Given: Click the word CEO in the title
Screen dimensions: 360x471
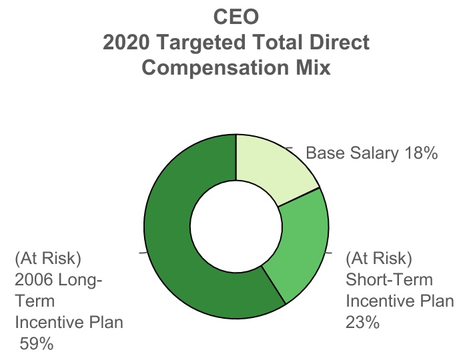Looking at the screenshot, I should point(235,16).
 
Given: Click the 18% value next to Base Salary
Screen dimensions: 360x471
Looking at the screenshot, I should point(421,153).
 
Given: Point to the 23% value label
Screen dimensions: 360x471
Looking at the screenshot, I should point(362,323).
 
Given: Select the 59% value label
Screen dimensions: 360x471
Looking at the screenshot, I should point(37,344).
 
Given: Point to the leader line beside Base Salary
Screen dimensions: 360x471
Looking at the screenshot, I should point(290,147).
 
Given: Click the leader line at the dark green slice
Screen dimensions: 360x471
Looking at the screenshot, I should point(142,253).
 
